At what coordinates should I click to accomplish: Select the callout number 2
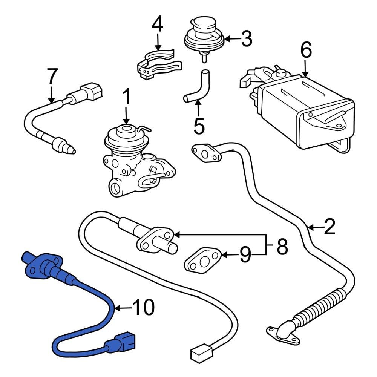(x=329, y=228)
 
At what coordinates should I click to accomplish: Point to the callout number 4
(x=158, y=24)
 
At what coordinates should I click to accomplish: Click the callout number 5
(x=199, y=126)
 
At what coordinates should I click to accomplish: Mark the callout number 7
(x=52, y=77)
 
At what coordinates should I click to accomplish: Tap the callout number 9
(x=245, y=256)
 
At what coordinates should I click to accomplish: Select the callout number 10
(x=144, y=308)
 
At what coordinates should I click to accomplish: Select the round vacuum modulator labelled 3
(x=204, y=36)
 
